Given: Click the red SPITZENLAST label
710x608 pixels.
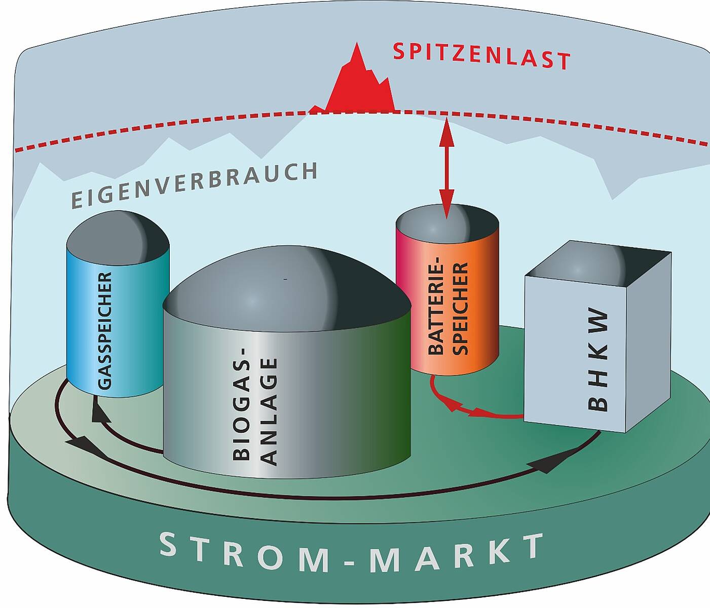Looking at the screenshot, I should pos(481,55).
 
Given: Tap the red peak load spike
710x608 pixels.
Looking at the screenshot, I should pos(361,86).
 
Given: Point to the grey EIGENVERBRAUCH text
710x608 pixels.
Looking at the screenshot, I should pos(194,185).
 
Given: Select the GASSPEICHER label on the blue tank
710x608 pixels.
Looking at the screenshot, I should pos(104,330).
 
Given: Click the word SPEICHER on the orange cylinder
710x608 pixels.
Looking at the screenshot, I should pos(460,308).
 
